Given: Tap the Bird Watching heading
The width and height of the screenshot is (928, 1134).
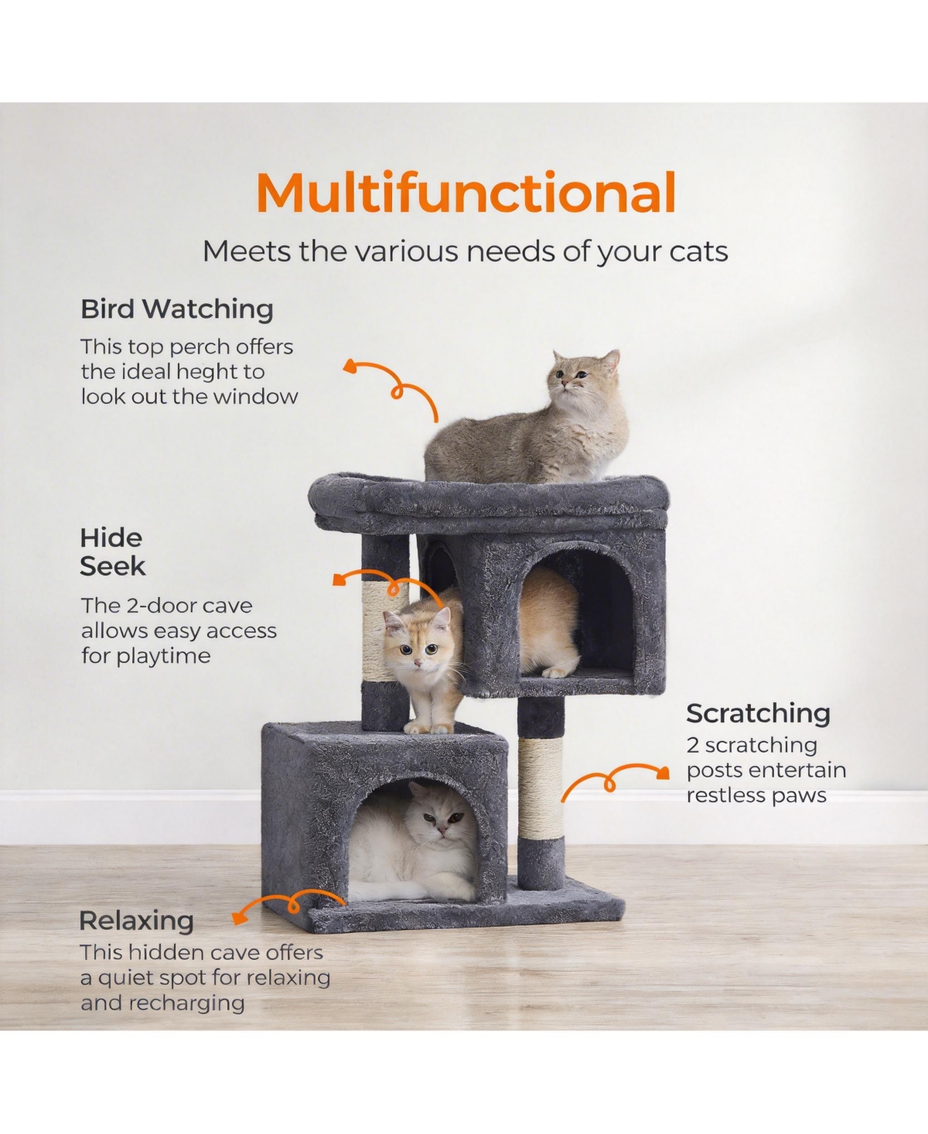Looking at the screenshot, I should tap(177, 309).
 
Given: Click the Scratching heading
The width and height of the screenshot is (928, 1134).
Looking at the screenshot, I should tap(758, 713).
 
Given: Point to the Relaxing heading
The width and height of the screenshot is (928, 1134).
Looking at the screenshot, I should tap(136, 921).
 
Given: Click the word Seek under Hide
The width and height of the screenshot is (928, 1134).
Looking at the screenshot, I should tap(113, 566).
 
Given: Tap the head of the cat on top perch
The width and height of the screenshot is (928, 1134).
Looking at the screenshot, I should tap(582, 375).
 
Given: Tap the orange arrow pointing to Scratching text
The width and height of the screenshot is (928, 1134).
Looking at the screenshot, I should tap(615, 778).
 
